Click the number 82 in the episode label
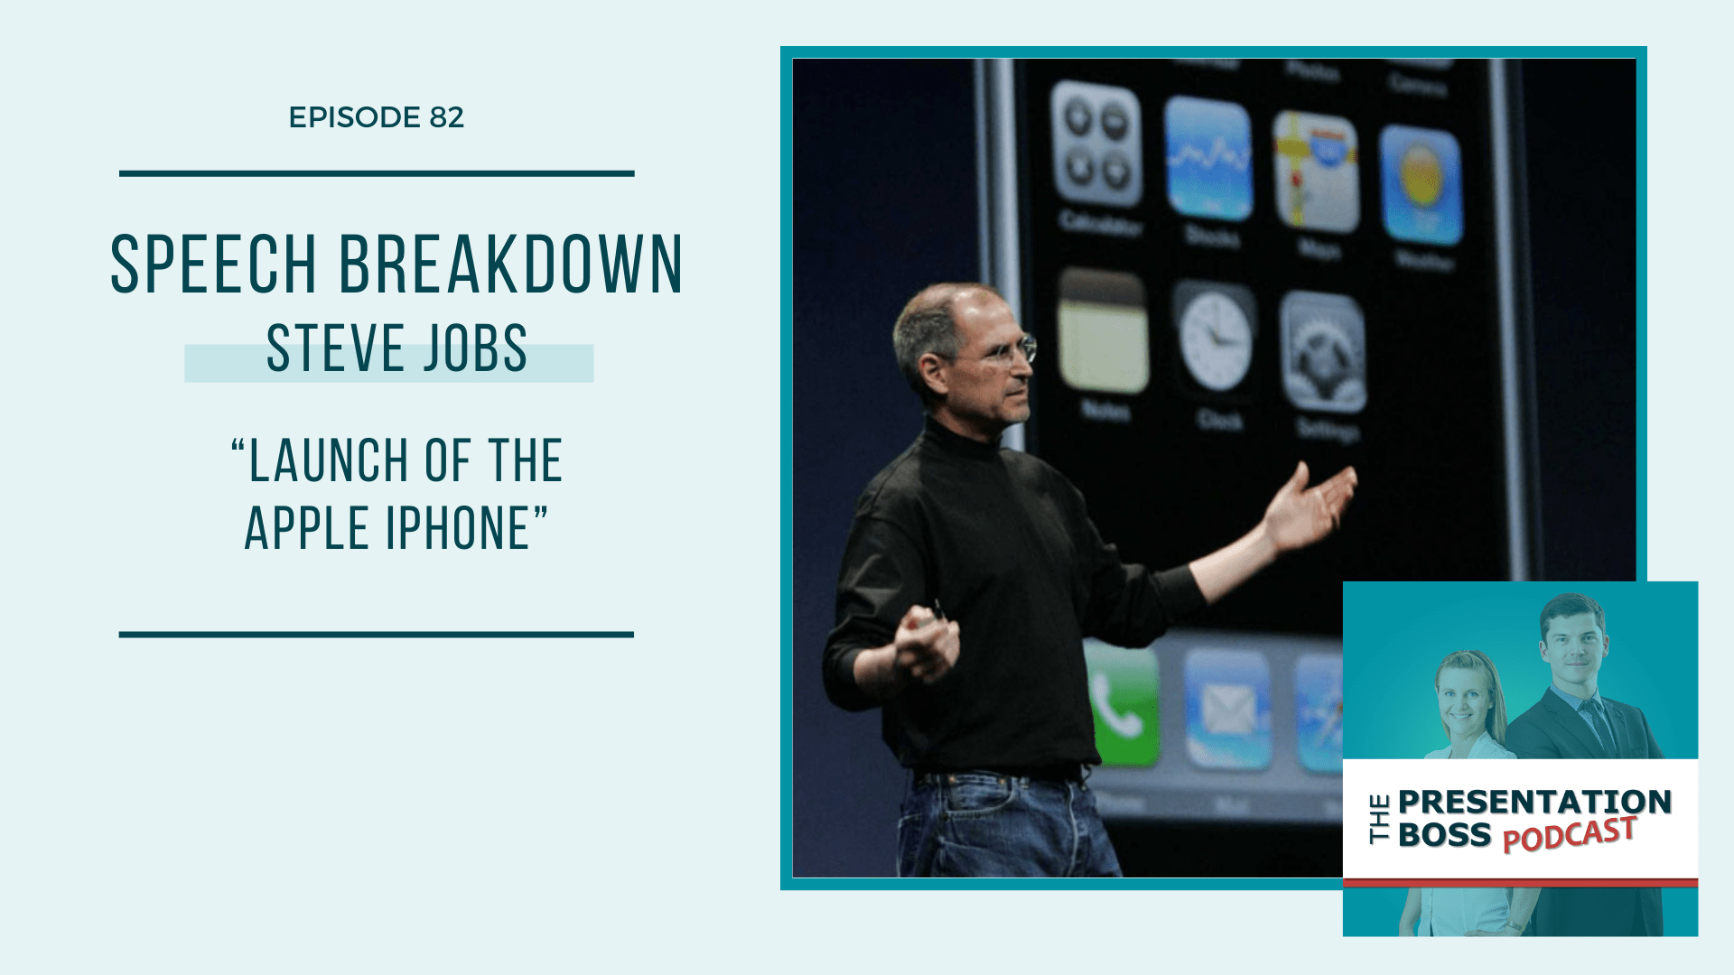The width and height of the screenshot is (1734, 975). click(x=446, y=117)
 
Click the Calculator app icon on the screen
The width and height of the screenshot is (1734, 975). click(x=1095, y=144)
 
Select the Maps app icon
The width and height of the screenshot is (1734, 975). click(x=1316, y=172)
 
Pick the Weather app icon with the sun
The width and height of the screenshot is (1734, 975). click(x=1421, y=185)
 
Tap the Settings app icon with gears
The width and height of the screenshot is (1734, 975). click(x=1323, y=353)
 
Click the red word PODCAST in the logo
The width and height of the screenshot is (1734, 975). click(x=1569, y=834)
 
